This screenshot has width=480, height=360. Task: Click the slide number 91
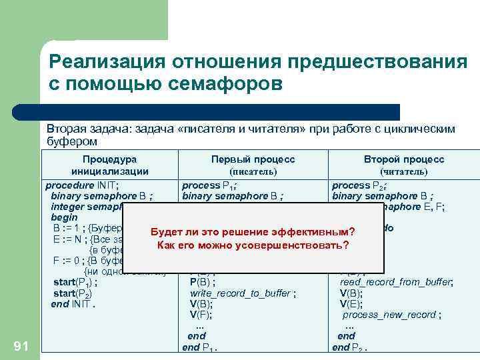(x=21, y=345)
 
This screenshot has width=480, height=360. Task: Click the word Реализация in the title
(x=107, y=61)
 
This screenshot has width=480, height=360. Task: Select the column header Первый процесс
(x=253, y=159)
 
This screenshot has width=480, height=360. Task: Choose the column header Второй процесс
(x=404, y=159)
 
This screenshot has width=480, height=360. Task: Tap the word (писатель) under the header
(x=253, y=171)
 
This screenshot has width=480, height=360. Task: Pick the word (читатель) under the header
(x=404, y=171)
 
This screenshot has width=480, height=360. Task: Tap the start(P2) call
(x=73, y=293)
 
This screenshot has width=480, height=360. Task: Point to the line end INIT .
(x=73, y=304)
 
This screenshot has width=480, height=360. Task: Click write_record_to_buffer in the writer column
(x=243, y=293)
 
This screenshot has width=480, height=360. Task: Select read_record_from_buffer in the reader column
(x=397, y=283)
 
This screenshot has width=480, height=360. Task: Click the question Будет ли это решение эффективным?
(x=253, y=231)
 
